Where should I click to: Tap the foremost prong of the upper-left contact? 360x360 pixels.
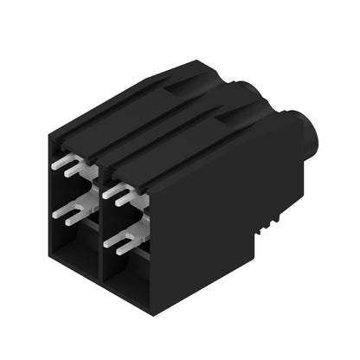(x=55, y=162)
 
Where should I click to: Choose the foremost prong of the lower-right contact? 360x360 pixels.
(x=108, y=244)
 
